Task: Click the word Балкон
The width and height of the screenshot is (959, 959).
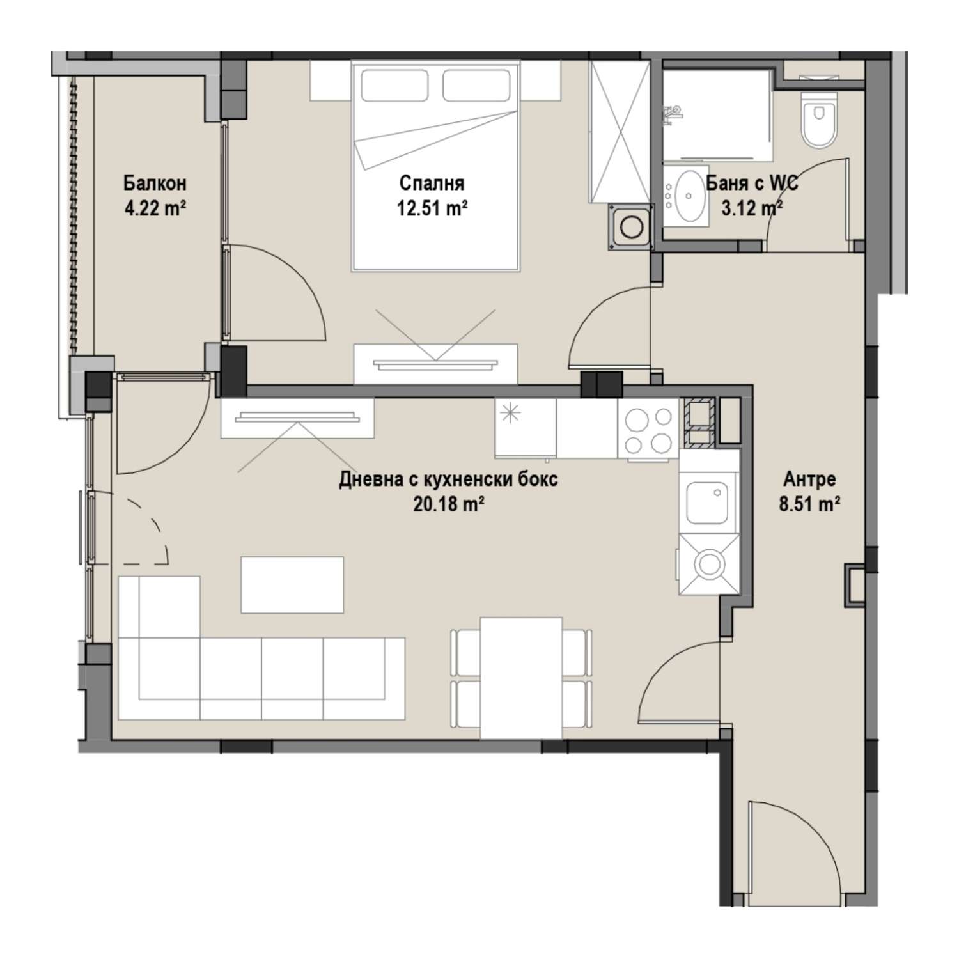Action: (x=155, y=184)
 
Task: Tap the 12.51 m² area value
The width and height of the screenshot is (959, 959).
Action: (x=432, y=208)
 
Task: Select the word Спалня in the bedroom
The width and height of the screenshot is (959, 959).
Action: (x=432, y=184)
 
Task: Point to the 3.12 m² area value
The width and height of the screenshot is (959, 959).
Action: (x=752, y=208)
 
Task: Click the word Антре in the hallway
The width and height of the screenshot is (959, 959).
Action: (x=809, y=479)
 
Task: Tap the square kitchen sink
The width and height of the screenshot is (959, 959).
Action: (x=708, y=503)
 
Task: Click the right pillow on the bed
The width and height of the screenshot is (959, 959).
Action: (x=476, y=85)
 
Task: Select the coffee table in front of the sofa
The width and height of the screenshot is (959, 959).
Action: (x=292, y=584)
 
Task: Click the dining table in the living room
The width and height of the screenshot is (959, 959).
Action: (x=522, y=678)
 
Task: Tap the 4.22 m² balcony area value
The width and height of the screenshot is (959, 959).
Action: (x=155, y=208)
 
